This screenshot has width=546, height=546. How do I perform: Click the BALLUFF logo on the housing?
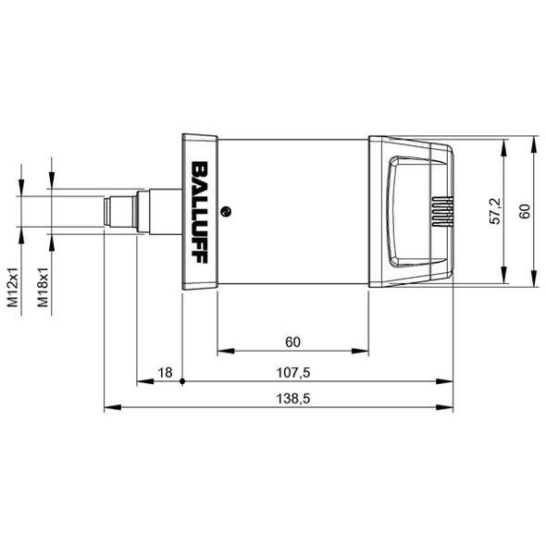click(200, 212)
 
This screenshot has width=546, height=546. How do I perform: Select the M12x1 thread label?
click(13, 287)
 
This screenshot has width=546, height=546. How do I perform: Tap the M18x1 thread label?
click(43, 287)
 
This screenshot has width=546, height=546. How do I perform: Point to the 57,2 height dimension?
click(495, 211)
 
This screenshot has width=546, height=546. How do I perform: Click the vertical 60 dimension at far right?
click(525, 211)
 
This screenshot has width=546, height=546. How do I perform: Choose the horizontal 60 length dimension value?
click(292, 342)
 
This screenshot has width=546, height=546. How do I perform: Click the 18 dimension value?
click(165, 373)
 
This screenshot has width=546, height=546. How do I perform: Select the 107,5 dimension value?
click(292, 373)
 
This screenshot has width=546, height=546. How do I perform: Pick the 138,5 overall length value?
click(292, 398)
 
